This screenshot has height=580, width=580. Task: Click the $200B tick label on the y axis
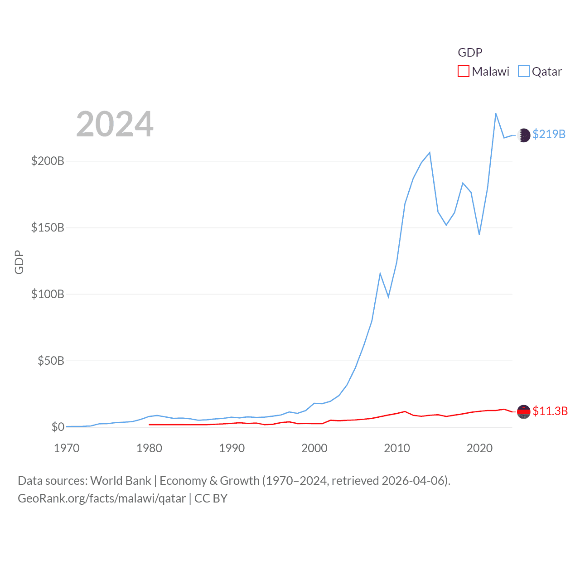48,161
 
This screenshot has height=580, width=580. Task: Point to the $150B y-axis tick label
48,227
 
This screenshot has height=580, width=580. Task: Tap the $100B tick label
48,294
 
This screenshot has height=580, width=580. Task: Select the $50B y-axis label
51,361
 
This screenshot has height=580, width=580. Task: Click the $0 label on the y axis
58,427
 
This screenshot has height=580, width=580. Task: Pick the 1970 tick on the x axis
67,448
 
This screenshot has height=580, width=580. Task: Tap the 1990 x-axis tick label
232,448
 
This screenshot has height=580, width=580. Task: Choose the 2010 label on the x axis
397,448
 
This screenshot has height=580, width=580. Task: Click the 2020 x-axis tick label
479,448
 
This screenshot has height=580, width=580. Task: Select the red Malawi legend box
463,72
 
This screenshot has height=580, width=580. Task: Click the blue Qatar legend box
523,72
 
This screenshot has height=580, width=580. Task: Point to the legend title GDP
470,53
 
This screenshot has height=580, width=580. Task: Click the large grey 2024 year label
115,124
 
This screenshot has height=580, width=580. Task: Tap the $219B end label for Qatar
549,134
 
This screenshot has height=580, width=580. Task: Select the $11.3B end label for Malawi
550,411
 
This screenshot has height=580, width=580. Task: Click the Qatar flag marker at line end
524,135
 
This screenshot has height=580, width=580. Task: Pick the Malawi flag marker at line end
524,411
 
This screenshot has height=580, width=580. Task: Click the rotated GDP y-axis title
19,262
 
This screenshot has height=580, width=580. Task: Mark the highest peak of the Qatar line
496,114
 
